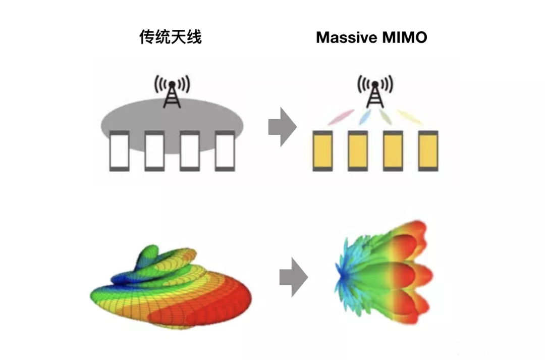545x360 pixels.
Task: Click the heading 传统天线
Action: pyautogui.click(x=171, y=37)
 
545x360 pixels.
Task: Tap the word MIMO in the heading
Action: pyautogui.click(x=404, y=37)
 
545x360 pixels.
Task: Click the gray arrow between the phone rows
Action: pyautogui.click(x=282, y=127)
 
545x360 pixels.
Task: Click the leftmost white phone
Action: pyautogui.click(x=119, y=150)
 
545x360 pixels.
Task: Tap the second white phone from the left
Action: pyautogui.click(x=154, y=150)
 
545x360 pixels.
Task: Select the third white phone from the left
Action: pyautogui.click(x=190, y=150)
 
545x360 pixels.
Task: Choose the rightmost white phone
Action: pyautogui.click(x=225, y=150)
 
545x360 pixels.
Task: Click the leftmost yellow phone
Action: pyautogui.click(x=322, y=150)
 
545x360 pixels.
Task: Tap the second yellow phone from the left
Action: pyautogui.click(x=358, y=150)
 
